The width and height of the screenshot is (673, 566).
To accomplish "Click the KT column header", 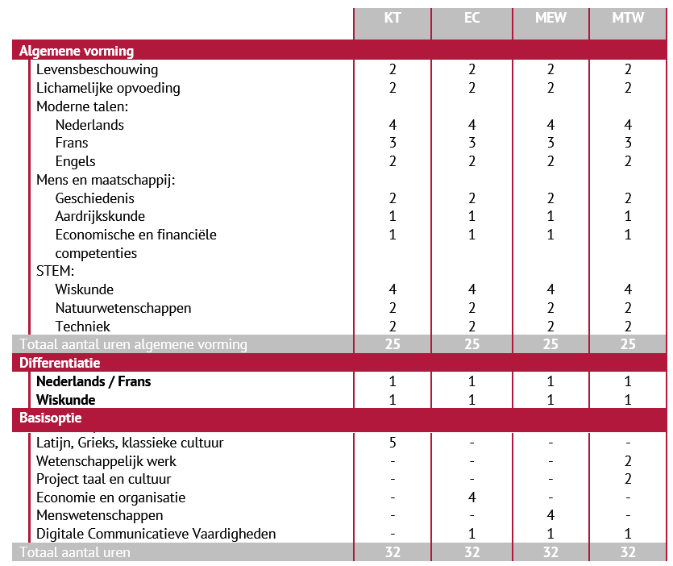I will tap(393, 18).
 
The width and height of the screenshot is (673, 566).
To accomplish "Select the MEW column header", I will tap(550, 18).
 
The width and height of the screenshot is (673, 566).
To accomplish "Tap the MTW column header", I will tap(628, 18).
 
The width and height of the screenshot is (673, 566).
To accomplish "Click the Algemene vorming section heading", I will tap(77, 51).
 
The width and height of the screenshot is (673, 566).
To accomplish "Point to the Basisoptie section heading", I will tap(51, 418).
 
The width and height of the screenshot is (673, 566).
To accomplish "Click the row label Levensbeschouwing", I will tap(97, 69).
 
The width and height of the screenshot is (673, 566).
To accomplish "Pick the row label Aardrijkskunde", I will tap(100, 216).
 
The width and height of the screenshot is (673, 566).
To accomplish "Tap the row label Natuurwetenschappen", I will tap(123, 308).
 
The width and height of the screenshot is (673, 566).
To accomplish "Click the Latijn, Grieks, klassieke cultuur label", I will tap(130, 443).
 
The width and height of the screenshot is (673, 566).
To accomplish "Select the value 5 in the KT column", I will tap(393, 443).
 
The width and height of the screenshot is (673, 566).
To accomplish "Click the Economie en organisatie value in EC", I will tap(472, 497).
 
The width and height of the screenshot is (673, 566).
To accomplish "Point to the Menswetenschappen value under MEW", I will tap(550, 515).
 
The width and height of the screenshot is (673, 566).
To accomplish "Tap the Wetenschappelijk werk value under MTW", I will tap(628, 461).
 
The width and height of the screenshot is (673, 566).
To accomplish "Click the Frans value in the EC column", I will tap(472, 143).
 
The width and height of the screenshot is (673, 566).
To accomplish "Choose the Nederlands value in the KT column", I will tap(393, 125).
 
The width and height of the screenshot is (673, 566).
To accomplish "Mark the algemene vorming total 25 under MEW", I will tap(550, 344).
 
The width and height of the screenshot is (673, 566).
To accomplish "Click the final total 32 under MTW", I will tap(628, 552).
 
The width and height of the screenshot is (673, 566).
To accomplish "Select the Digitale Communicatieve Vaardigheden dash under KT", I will tap(393, 534).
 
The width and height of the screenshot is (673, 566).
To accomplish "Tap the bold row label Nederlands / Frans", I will tap(93, 381).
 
